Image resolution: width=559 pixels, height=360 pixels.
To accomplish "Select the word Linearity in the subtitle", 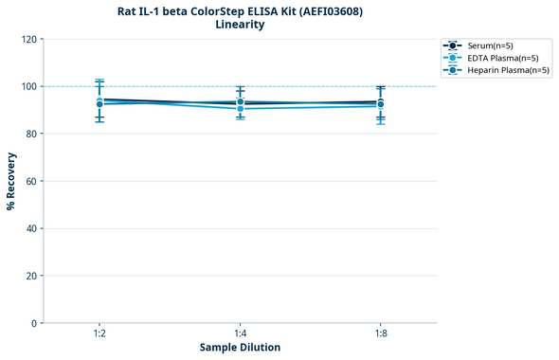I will pos(240,26).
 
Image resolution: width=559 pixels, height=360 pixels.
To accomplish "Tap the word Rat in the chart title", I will pos(128,11).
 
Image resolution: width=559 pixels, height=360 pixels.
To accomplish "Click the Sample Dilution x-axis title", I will pos(240,348).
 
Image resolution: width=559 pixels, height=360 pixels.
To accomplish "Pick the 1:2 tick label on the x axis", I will pos(99,333).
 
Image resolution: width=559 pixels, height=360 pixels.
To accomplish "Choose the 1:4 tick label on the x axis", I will pos(240,333).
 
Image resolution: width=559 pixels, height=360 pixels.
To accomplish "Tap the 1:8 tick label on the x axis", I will pos(380,333).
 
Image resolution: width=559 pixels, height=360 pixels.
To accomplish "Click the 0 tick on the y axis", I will pos(34,323).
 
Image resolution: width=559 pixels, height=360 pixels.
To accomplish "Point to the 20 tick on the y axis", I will pos(31,276).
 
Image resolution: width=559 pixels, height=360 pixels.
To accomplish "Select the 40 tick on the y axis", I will pos(31,228).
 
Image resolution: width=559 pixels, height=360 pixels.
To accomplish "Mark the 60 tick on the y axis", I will pos(31,181).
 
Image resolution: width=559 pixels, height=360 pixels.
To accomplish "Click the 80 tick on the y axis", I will pos(31,134).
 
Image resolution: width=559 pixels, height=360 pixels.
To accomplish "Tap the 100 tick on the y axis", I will pos(28,86).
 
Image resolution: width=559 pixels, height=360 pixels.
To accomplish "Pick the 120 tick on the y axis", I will pos(28,39).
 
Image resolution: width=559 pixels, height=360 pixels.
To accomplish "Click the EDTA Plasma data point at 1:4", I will pos(240,109).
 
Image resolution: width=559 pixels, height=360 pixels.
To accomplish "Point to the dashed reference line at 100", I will pos(313,86).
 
